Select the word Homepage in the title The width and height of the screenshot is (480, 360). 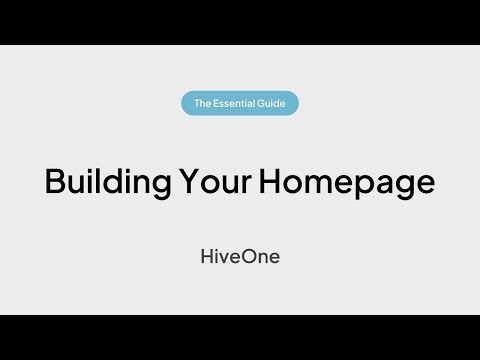pos(346,183)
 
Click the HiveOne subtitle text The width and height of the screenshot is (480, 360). pos(240,256)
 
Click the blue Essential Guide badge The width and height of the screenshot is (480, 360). pos(240,103)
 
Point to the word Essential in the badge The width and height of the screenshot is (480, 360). pos(237,103)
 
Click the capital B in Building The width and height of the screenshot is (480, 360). pos(55,182)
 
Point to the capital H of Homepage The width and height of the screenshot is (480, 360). pos(271,182)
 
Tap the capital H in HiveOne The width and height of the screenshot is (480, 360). pos(207,256)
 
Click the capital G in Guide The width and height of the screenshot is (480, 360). pos(263,103)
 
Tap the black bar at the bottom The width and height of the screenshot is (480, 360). pos(240,337)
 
